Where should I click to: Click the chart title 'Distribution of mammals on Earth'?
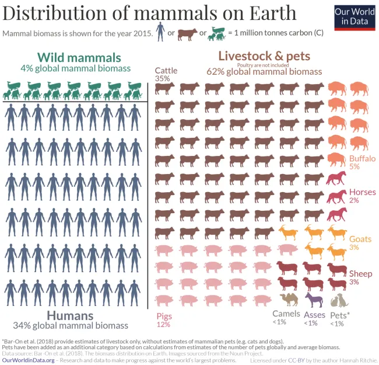pyautogui.click(x=149, y=13)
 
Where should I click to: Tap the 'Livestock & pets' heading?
pyautogui.click(x=264, y=56)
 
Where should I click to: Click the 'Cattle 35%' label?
pyautogui.click(x=166, y=74)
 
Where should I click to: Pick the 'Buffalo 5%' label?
pyautogui.click(x=362, y=162)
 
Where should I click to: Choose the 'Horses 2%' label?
pyautogui.click(x=362, y=196)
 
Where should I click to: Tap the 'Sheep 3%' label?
pyautogui.click(x=360, y=277)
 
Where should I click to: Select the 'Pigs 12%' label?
pyautogui.click(x=164, y=319)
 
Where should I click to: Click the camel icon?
pyautogui.click(x=289, y=300)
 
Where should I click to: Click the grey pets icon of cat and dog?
pyautogui.click(x=339, y=300)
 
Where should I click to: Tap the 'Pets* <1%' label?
pyautogui.click(x=340, y=318)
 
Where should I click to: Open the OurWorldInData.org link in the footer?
pyautogui.click(x=29, y=360)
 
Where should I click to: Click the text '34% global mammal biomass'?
pyautogui.click(x=71, y=325)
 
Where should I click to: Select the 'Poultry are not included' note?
pyautogui.click(x=264, y=65)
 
